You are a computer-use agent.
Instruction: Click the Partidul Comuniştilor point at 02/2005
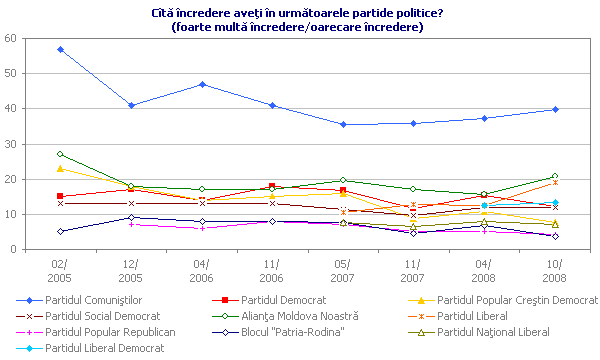click(61, 49)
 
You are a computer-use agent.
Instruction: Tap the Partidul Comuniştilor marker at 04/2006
click(203, 84)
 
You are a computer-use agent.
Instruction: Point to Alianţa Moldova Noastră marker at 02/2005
click(61, 154)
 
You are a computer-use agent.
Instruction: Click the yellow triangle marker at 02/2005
click(61, 168)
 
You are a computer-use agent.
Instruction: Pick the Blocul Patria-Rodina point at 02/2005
click(61, 231)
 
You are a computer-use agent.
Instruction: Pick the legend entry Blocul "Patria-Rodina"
click(289, 331)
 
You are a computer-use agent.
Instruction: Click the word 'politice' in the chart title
click(444, 12)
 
